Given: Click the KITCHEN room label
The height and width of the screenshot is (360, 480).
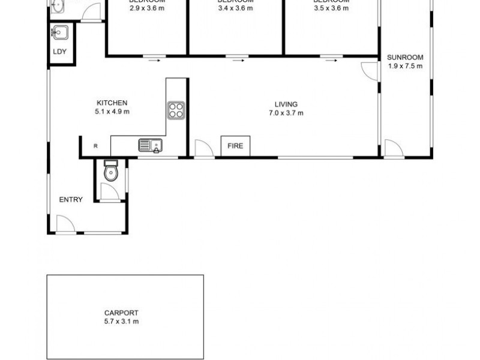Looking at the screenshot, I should coord(112,103).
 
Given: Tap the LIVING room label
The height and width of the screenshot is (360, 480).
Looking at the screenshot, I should coord(286,104).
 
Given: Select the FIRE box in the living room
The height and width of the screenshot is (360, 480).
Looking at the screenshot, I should coord(236,146).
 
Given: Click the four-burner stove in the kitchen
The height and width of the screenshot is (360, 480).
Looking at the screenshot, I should coord(176,109).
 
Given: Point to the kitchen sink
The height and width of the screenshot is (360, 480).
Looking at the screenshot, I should coord(150,145).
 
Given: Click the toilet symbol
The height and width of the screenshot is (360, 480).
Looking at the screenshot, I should coord(110,172).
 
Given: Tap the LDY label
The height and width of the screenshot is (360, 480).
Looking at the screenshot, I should coord(60,52).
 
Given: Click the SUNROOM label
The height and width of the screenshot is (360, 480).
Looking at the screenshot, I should coord(405,58).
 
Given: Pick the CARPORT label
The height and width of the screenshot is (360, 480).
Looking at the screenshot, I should coord(121,313).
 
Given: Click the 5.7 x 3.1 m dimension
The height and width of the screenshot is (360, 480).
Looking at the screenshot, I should coord(121,322).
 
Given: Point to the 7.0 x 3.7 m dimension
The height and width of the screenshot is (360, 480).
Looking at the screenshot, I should coord(286,112).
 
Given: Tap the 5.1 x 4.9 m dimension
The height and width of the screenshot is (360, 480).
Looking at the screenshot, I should coord(112,111).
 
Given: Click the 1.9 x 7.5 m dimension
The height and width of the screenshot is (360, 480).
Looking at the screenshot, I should coord(405,66).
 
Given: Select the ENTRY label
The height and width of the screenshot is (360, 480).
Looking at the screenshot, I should coord(71,200).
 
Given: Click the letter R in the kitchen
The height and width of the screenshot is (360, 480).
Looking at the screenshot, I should coord(95,146).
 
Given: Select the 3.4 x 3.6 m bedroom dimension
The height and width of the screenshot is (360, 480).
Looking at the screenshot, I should coord(236,8).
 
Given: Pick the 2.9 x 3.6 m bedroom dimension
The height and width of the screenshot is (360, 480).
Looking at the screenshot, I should coord(147,8).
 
